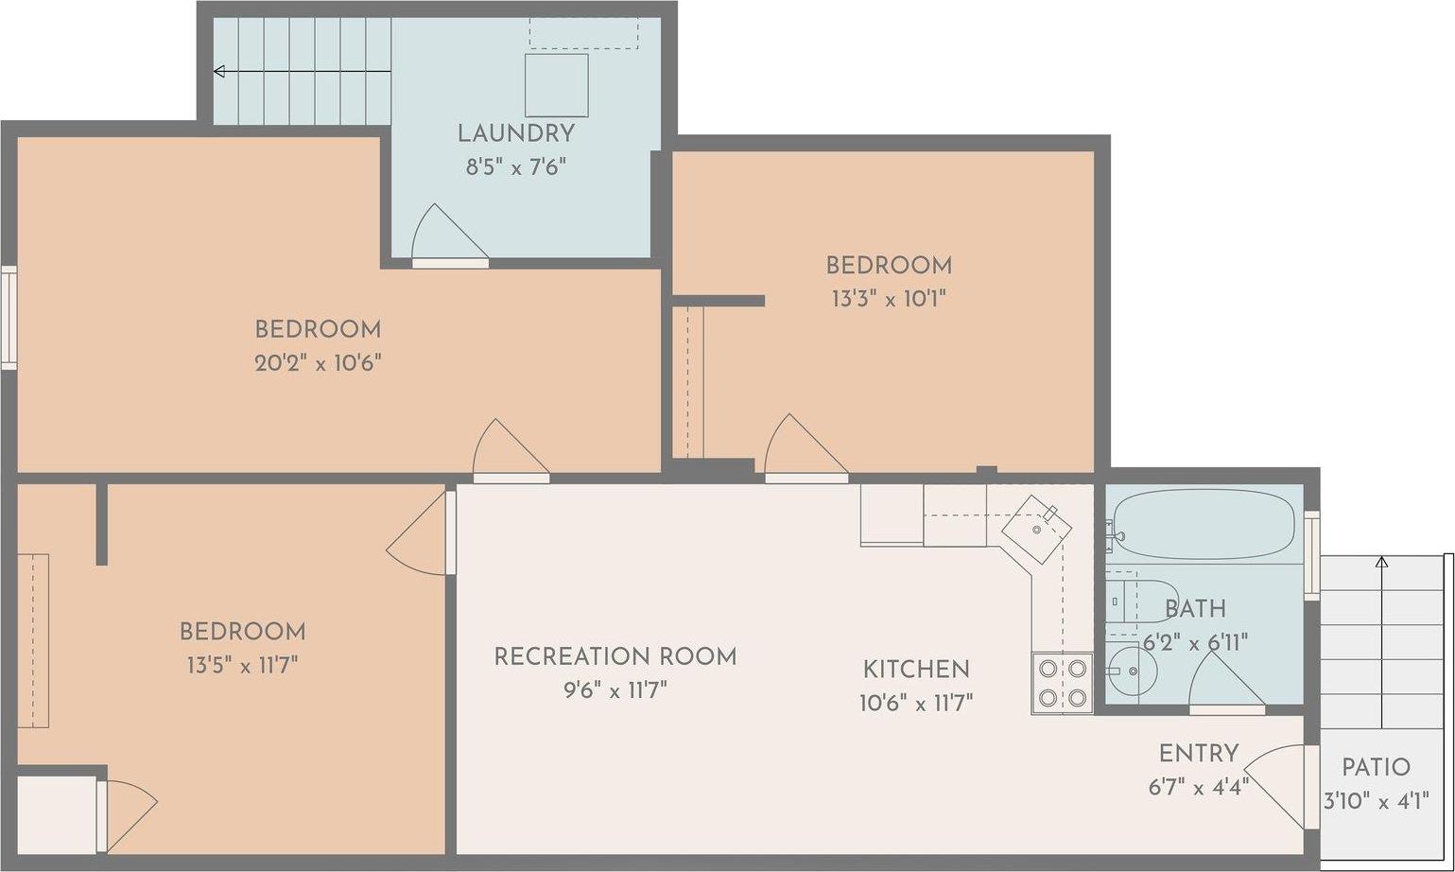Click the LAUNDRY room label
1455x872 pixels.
515,133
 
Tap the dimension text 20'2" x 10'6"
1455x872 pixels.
318,363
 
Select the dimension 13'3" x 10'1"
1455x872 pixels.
888,299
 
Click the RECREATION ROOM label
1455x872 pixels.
615,656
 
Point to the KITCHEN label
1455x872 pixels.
916,670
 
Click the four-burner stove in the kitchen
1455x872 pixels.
1062,683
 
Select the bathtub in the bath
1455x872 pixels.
1203,525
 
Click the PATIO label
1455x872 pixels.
1376,767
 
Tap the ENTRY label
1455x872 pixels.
1198,754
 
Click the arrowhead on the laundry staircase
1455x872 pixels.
219,71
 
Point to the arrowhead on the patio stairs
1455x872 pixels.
1381,563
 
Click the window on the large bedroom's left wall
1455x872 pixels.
9,317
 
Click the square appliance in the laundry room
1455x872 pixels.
557,85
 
